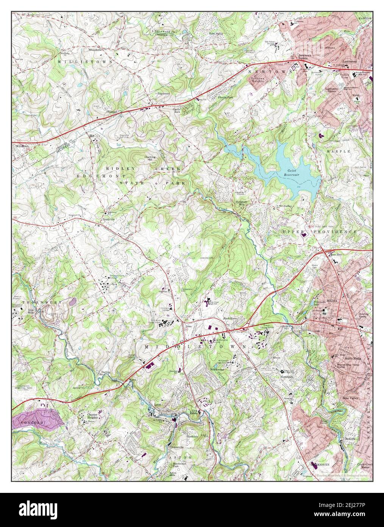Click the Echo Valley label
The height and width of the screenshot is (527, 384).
coord(217,34)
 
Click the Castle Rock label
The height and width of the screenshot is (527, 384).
coord(177,110)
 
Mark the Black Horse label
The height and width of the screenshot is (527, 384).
coord(229,318)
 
